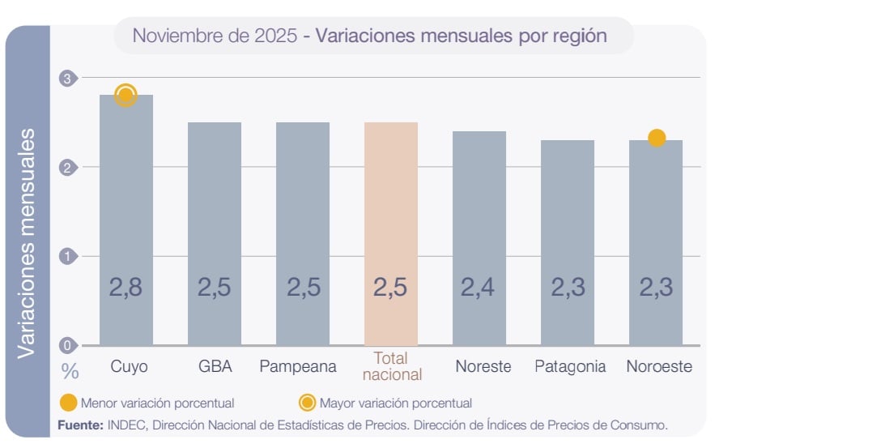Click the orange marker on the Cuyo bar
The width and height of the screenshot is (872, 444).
pyautogui.click(x=125, y=96)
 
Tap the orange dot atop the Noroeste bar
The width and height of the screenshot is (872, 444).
pyautogui.click(x=657, y=138)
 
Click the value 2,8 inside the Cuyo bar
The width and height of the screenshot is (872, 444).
pyautogui.click(x=126, y=287)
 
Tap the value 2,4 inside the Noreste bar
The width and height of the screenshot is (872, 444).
pyautogui.click(x=479, y=287)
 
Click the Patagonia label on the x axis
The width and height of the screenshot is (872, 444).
pyautogui.click(x=570, y=366)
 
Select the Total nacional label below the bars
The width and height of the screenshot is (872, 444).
pyautogui.click(x=392, y=366)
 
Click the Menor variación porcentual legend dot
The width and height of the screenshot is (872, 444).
pyautogui.click(x=69, y=403)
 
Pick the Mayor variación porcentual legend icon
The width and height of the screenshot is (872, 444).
pyautogui.click(x=308, y=403)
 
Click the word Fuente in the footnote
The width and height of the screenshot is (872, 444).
pyautogui.click(x=79, y=425)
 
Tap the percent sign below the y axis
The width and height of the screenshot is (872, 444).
pyautogui.click(x=70, y=372)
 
